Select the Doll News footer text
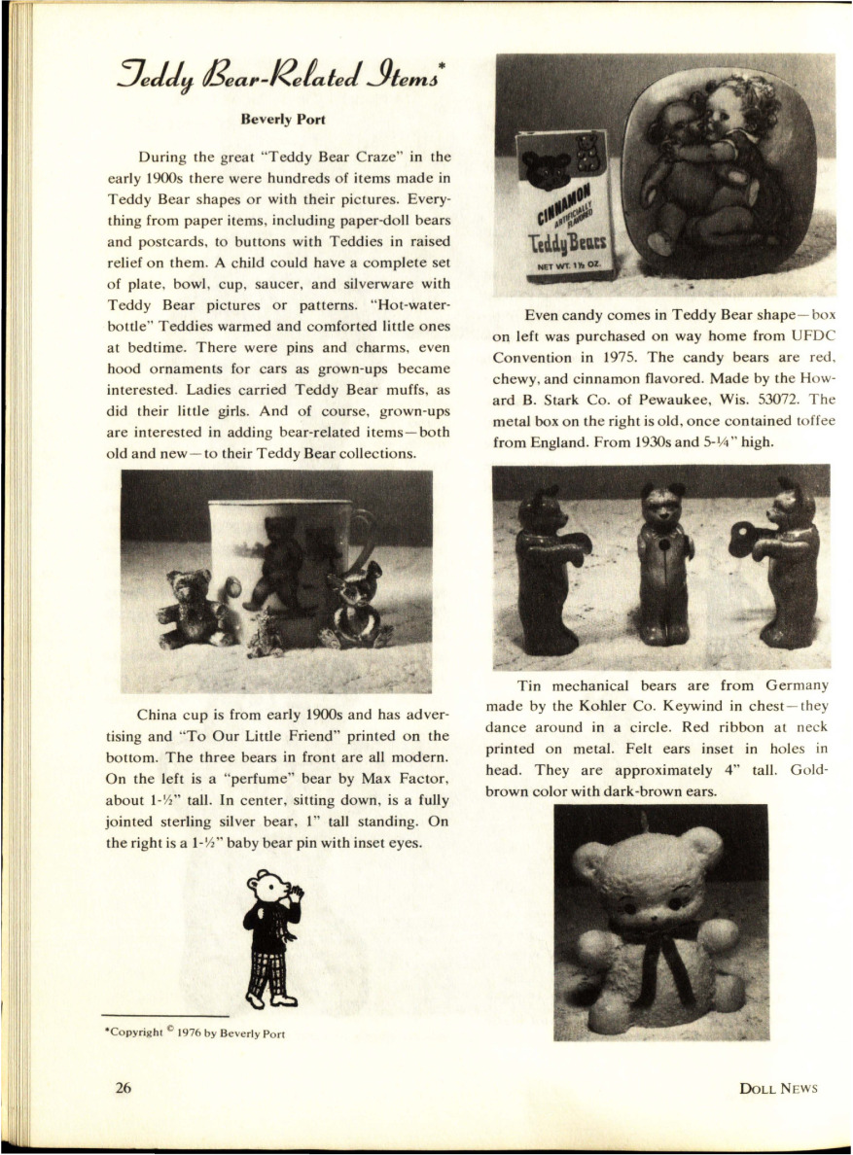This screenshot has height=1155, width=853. (x=778, y=1088)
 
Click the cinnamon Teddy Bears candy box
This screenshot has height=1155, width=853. (x=564, y=204)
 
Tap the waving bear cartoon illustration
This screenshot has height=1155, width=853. (x=273, y=934)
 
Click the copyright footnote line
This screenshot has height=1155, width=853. (x=195, y=1032)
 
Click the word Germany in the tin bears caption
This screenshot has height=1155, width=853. (x=792, y=685)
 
